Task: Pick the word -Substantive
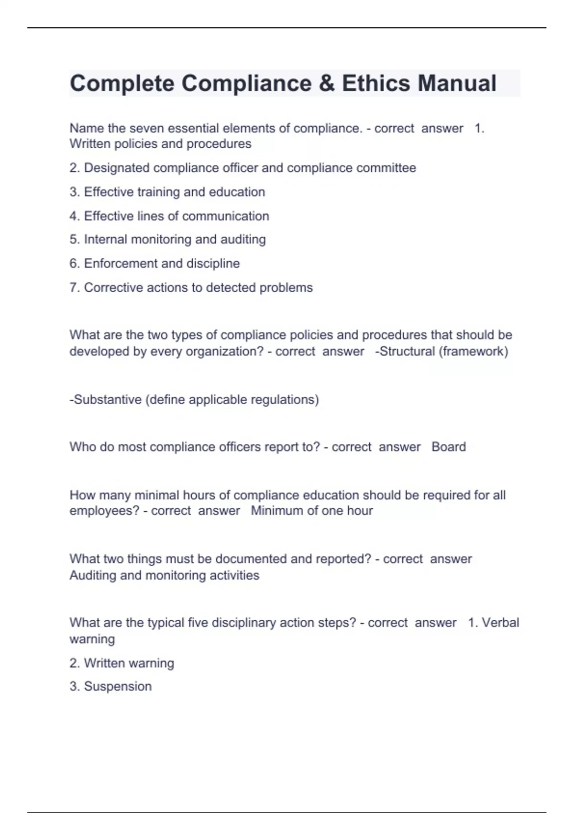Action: pos(105,399)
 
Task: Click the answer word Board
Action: pos(449,447)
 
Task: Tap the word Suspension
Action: pos(118,686)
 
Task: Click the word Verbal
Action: pos(500,623)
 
